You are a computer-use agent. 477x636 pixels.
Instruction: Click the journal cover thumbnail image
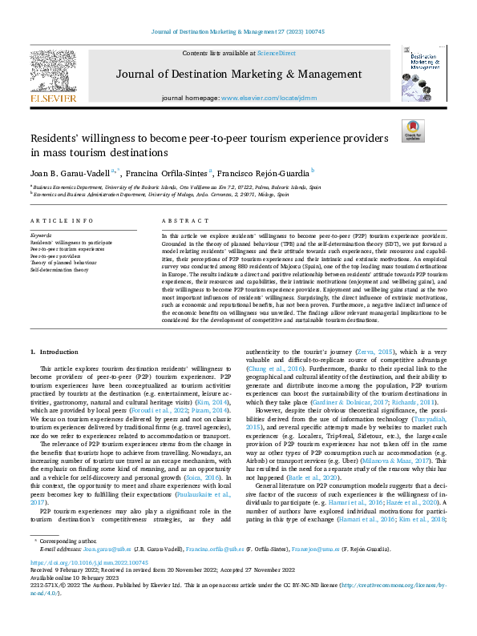click(424, 73)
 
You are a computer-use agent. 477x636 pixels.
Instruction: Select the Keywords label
click(41, 235)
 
